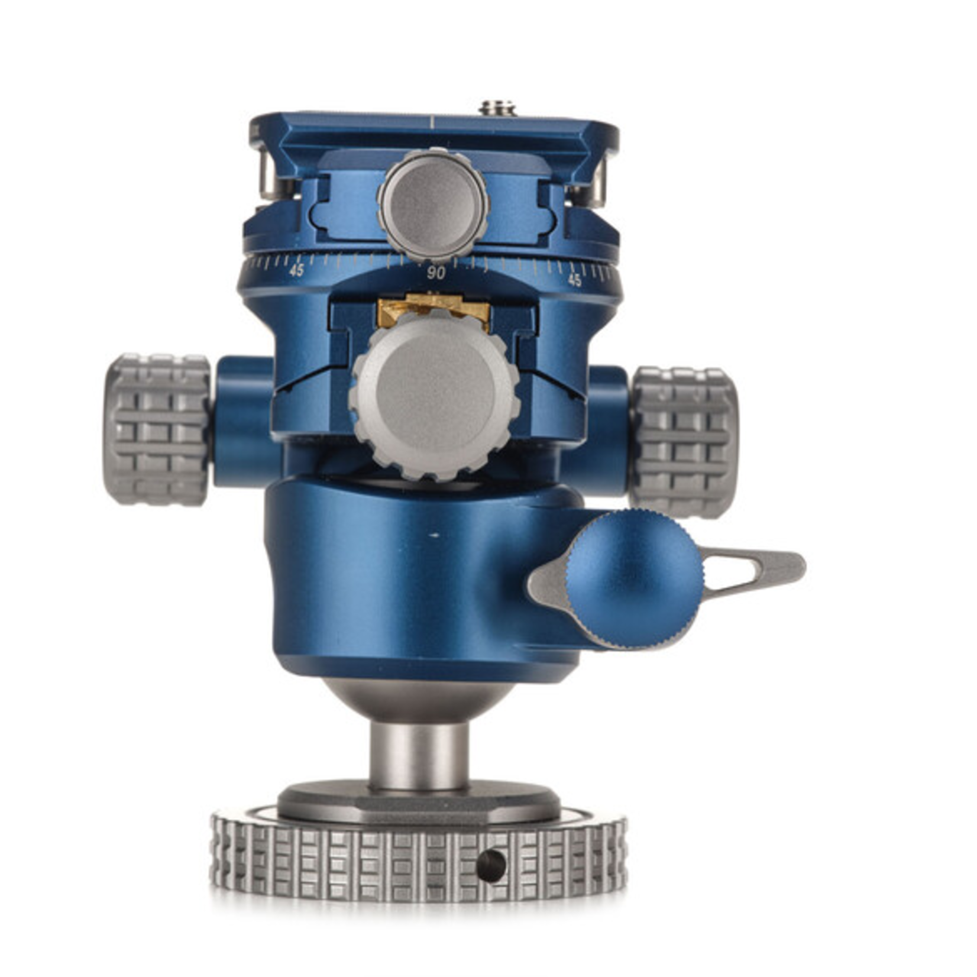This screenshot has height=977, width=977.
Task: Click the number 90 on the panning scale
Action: [x=436, y=273]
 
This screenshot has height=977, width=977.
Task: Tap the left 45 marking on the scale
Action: [x=297, y=270]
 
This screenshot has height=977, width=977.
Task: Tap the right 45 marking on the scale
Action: [x=574, y=280]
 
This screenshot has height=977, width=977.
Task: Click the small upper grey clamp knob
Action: [x=433, y=205]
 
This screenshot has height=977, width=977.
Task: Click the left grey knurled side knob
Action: [x=157, y=429]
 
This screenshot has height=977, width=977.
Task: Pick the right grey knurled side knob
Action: [x=684, y=442]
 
